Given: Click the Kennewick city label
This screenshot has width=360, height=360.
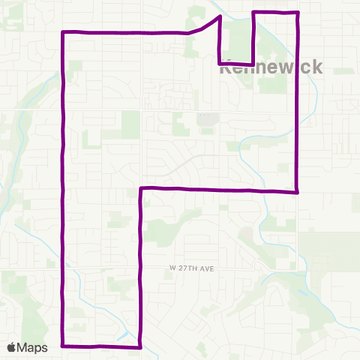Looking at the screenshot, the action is tap(271, 66).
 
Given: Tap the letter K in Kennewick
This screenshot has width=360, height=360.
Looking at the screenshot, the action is tap(226, 66).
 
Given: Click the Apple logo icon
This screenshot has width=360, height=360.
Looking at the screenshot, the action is tap(13, 347).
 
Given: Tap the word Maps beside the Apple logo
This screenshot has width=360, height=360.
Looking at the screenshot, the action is tap(34, 347).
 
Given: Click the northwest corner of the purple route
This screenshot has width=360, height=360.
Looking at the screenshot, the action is tap(62, 32).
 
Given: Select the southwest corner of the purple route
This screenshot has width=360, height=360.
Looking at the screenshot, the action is tap(62, 346).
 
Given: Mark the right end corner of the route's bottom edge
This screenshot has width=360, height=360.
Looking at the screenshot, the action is tap(140, 346).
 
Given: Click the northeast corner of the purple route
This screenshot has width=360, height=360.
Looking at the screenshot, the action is tap(298, 13).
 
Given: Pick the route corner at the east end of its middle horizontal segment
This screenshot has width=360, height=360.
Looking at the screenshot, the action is tap(298, 191).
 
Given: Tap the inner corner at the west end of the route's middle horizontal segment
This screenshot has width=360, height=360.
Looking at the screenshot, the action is tap(141, 188).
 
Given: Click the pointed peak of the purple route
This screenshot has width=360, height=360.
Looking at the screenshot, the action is tap(219, 16).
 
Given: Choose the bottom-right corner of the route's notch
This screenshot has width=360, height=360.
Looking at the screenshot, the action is tap(253, 64).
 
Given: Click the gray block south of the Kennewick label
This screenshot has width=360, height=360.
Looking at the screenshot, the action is tap(205, 118).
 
